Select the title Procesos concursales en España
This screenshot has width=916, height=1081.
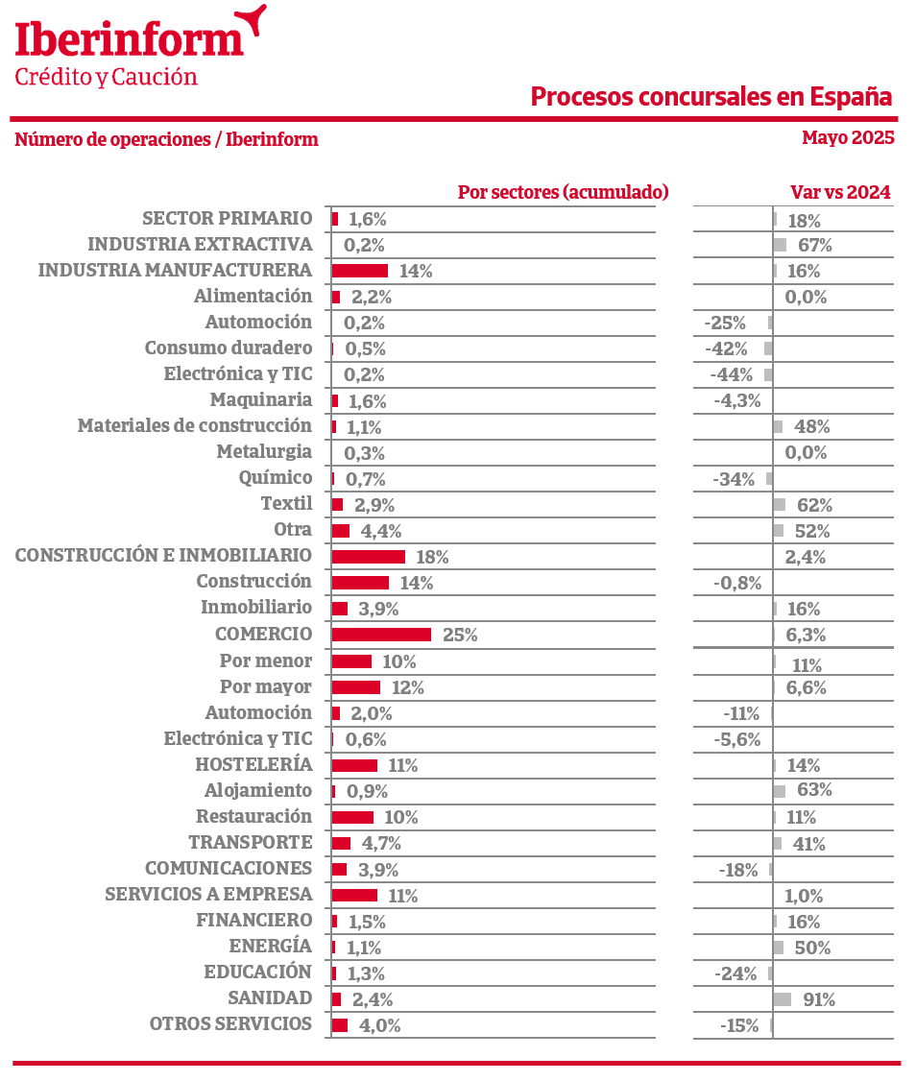[x=711, y=97]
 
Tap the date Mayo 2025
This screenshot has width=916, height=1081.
[x=848, y=137]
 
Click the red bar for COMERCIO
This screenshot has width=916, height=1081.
[x=381, y=635]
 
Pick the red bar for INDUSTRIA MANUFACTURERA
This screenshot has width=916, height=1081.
[x=359, y=271]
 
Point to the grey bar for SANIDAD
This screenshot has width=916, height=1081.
[x=782, y=999]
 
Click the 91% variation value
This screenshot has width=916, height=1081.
[x=819, y=999]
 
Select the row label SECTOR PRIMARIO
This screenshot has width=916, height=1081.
[x=227, y=218]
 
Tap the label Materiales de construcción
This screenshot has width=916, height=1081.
[x=195, y=425]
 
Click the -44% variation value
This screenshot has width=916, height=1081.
[x=731, y=374]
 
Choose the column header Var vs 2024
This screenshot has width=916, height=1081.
[x=840, y=192]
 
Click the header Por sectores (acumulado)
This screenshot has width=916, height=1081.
[x=563, y=192]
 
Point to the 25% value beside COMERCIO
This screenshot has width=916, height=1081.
[x=460, y=635]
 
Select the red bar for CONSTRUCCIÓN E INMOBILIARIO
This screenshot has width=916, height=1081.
[x=368, y=557]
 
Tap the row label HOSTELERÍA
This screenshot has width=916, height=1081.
[x=253, y=765]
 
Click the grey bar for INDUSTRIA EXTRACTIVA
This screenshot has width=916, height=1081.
[x=780, y=245]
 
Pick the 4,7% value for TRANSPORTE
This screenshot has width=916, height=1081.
[x=379, y=844]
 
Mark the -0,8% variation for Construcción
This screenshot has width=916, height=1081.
[x=737, y=583]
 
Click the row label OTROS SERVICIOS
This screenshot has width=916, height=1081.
[x=230, y=1024]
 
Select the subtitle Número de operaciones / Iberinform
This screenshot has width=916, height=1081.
[x=166, y=140]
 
